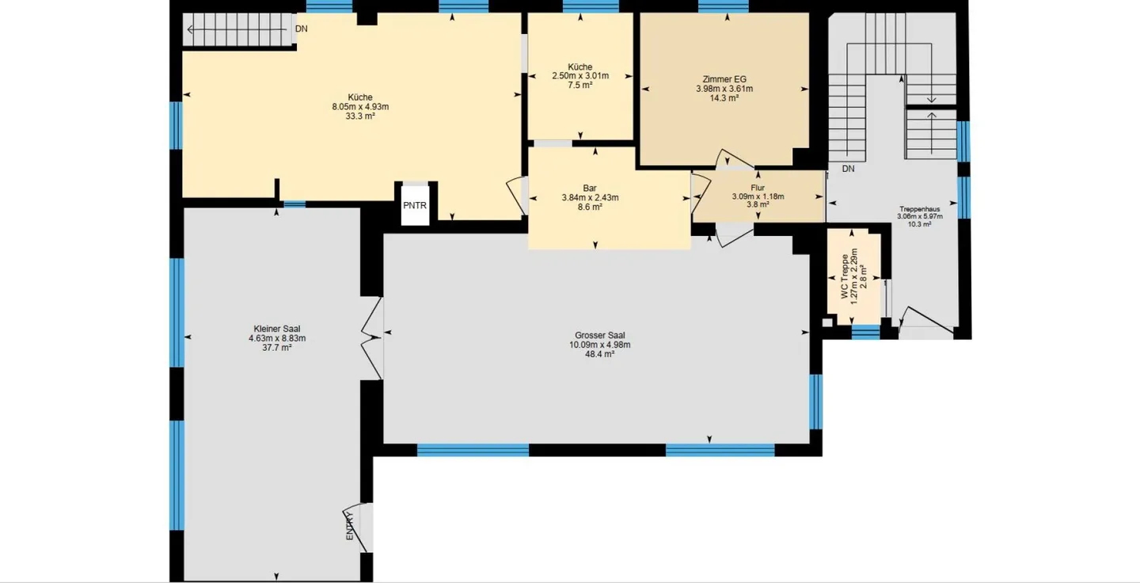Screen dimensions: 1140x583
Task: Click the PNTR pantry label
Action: click(415, 206)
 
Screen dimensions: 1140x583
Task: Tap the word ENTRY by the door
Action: click(350, 526)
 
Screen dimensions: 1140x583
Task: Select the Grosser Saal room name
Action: click(599, 336)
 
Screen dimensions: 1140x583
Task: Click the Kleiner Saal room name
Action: click(277, 329)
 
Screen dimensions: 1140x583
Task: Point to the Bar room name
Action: click(590, 189)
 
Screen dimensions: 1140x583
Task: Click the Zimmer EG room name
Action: click(724, 79)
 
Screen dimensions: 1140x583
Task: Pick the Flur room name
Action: click(758, 188)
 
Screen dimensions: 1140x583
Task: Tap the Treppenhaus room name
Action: click(920, 209)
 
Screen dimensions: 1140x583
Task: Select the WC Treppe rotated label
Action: click(845, 276)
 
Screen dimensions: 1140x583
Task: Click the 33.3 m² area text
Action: click(360, 116)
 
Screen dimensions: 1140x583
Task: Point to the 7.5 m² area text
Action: click(580, 85)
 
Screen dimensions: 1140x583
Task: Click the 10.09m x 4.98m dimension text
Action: click(599, 345)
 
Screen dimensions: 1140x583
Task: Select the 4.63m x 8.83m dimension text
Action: click(277, 338)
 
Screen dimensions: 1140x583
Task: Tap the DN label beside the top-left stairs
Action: click(302, 29)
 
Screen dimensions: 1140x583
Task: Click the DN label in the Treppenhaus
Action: click(848, 169)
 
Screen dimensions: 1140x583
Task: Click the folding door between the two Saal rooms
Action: click(372, 338)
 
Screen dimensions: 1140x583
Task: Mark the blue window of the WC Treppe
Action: click(866, 332)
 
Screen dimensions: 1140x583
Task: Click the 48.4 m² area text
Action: click(599, 354)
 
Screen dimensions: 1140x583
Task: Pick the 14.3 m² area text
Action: click(724, 98)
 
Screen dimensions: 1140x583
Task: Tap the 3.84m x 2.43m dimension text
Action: click(590, 197)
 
